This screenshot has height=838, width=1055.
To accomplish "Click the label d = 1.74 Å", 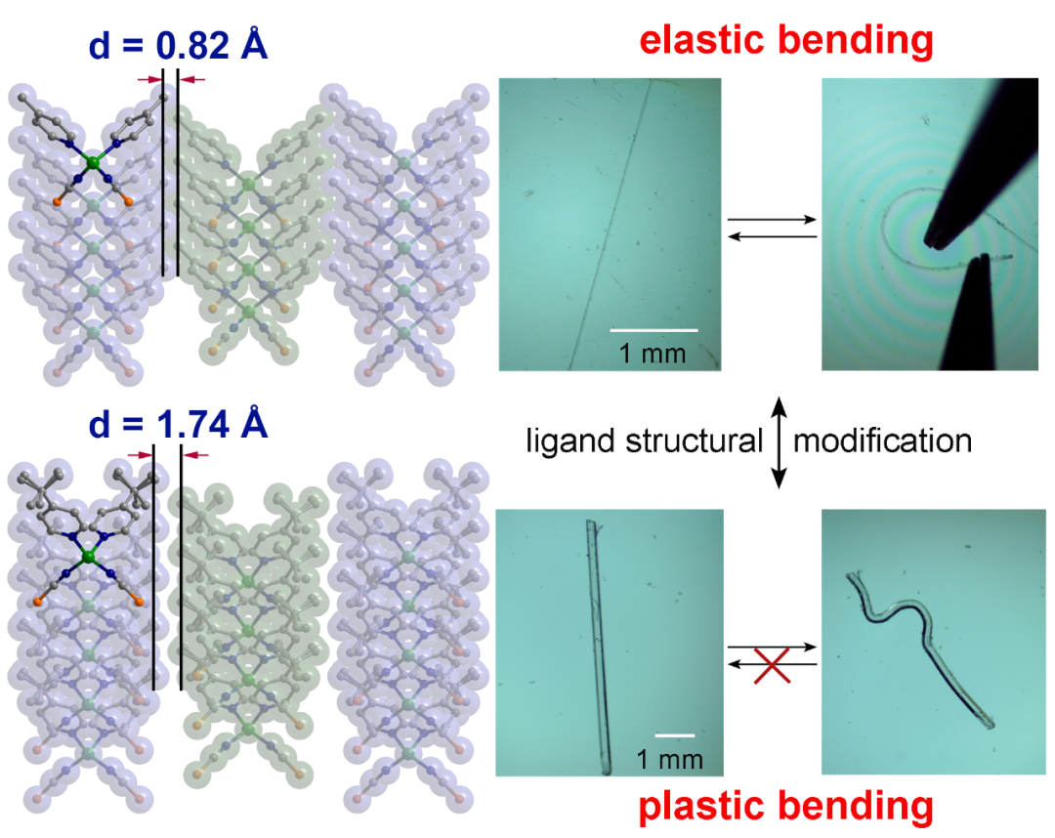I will [x=171, y=426].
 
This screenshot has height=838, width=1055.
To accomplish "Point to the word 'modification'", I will [x=882, y=441].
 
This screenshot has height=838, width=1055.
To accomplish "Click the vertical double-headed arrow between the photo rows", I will [x=779, y=441].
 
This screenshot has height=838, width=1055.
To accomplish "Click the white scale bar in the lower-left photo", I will [x=674, y=733].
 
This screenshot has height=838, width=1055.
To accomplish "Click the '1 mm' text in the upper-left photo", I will [x=653, y=353].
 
